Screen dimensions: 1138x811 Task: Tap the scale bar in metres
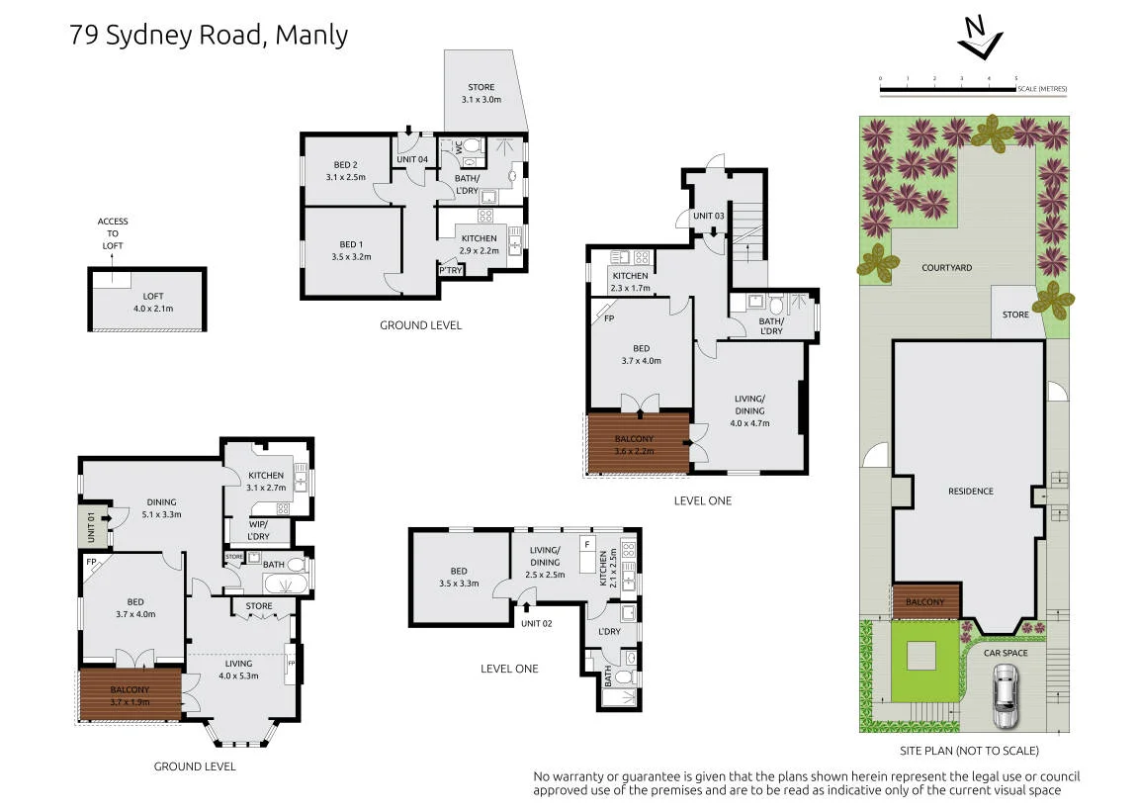tap(948, 90)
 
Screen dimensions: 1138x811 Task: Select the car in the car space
tap(1006, 696)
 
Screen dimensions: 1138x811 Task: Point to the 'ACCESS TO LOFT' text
tap(113, 233)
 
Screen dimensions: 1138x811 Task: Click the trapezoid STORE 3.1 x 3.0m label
tap(481, 94)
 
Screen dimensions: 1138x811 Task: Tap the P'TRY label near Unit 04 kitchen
tap(451, 270)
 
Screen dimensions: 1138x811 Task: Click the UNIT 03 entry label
tap(708, 216)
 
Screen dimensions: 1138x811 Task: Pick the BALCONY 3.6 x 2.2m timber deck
tap(638, 443)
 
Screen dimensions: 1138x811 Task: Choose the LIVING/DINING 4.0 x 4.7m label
tap(749, 411)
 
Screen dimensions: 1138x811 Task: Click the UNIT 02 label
tap(536, 623)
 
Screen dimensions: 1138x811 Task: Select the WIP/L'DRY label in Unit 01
tap(258, 530)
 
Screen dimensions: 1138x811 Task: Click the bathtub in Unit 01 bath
tap(285, 585)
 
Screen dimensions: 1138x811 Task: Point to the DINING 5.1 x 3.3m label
tap(162, 508)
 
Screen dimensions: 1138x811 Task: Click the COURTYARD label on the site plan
tap(946, 268)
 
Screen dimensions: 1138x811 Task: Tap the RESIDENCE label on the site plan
tap(970, 492)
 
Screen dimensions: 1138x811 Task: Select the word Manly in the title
tap(312, 36)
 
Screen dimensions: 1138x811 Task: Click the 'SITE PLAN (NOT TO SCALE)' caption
tap(969, 751)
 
